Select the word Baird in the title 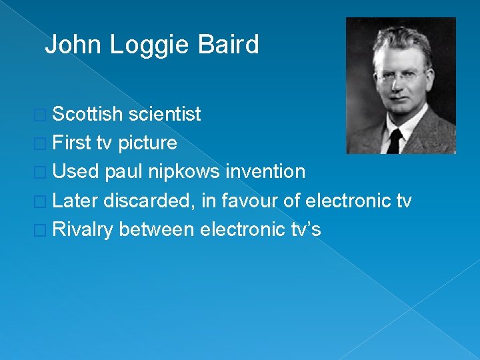pyautogui.click(x=229, y=45)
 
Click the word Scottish pyautogui.click(x=87, y=114)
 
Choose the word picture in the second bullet pyautogui.click(x=147, y=143)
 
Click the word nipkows pyautogui.click(x=185, y=171)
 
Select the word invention pyautogui.click(x=265, y=171)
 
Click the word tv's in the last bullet pyautogui.click(x=306, y=229)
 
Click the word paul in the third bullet pyautogui.click(x=125, y=171)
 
